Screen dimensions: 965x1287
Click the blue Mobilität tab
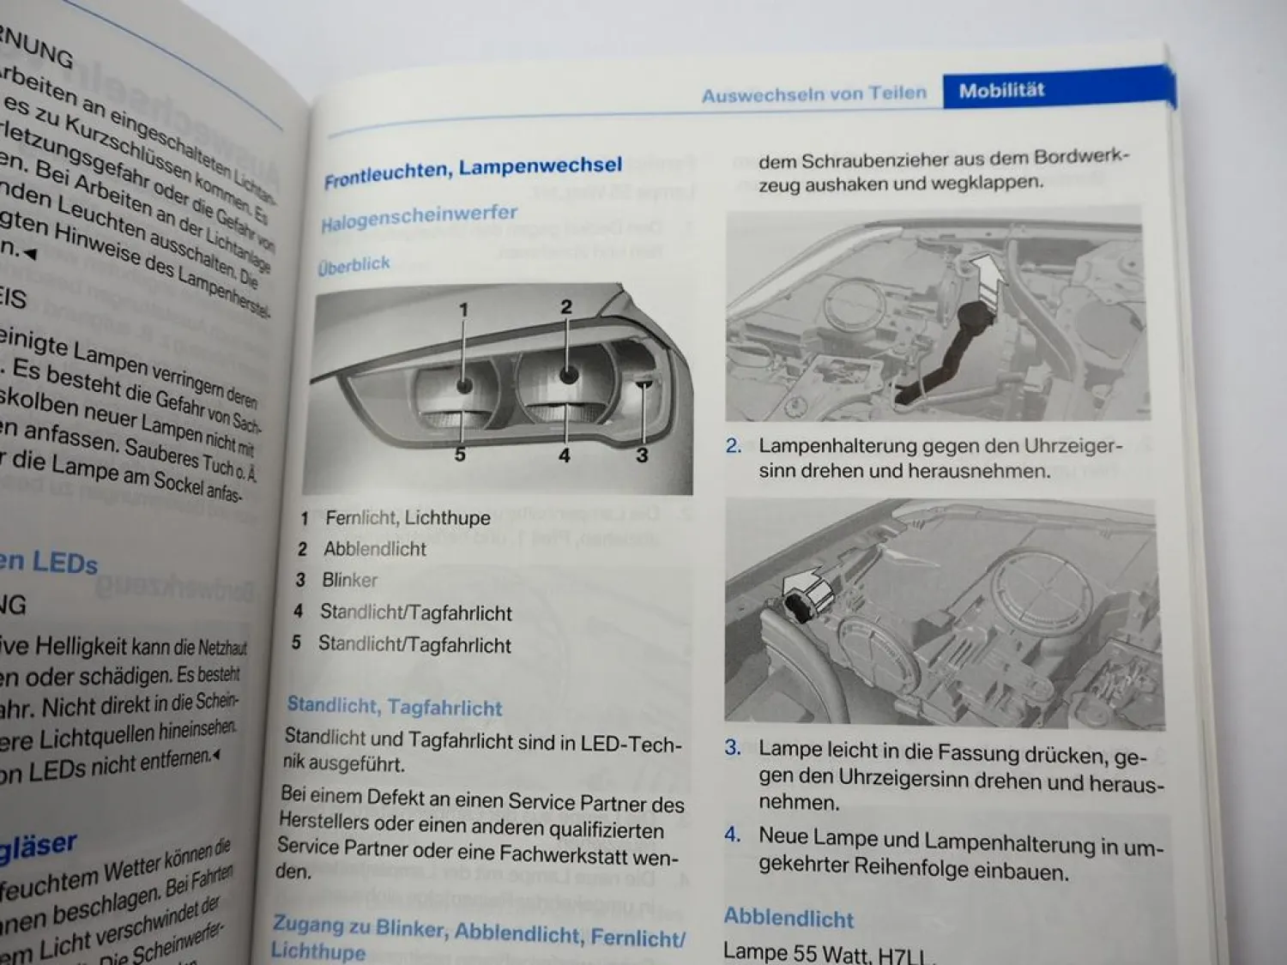[x=1001, y=90]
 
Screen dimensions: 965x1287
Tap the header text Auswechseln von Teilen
[x=813, y=93]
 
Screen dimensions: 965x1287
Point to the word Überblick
[x=353, y=265]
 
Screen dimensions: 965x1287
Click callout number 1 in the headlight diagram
[x=463, y=310]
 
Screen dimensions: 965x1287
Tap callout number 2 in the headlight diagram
[x=565, y=306]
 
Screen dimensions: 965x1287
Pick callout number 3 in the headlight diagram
[x=642, y=455]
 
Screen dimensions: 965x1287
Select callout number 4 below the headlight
[x=564, y=455]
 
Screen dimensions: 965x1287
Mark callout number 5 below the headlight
[x=460, y=454]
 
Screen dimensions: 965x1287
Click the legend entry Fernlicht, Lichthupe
[x=408, y=518]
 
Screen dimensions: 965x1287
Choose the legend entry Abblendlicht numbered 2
[x=374, y=549]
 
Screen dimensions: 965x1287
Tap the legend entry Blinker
[x=349, y=581]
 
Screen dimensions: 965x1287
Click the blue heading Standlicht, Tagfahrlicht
[x=394, y=707]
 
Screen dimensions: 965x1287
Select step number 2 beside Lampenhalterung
[x=733, y=446]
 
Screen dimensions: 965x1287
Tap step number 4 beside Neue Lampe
[x=732, y=835]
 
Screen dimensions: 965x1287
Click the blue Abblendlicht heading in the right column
[x=789, y=918]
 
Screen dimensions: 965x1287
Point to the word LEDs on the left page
[x=65, y=563]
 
